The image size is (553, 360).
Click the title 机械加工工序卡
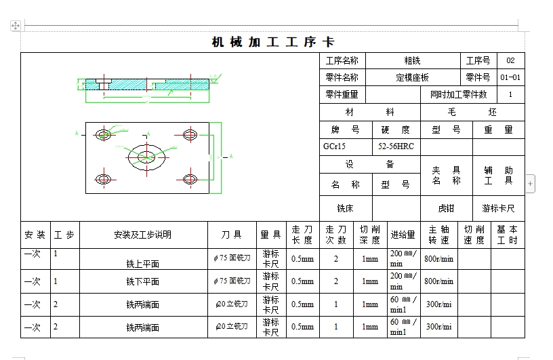pos(272,42)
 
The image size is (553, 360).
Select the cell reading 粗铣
pos(412,60)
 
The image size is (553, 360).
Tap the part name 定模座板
pos(412,77)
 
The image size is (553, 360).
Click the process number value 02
pos(510,60)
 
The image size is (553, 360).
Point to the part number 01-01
pos(510,77)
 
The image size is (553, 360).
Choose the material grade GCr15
pos(335,146)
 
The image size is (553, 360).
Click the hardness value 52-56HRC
pos(396,146)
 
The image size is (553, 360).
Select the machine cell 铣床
pos(345,208)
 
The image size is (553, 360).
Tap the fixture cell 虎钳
pos(446,208)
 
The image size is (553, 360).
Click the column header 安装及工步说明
pos(143,235)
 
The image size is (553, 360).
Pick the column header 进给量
pos(403,235)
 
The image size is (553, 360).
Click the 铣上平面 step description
pos(143,263)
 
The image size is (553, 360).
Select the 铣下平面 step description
pos(143,281)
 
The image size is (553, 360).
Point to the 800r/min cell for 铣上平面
pos(438,258)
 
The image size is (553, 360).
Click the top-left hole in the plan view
pos(103,133)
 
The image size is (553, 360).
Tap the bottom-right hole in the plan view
pos(190,179)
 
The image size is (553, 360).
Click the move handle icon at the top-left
pos(16,25)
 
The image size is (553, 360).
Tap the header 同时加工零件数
pos(458,95)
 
